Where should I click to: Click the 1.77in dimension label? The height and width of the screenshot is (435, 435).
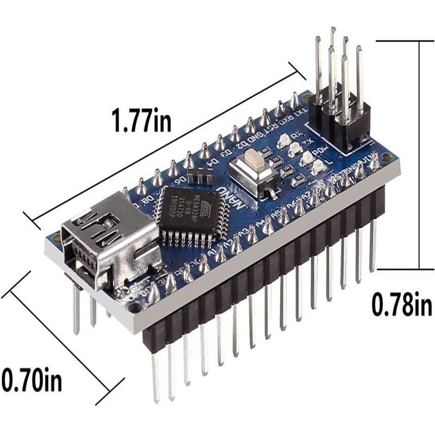(140, 121)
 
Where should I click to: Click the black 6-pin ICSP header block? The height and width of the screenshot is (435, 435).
(340, 123)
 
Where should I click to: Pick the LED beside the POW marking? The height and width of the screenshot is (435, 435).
(306, 158)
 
